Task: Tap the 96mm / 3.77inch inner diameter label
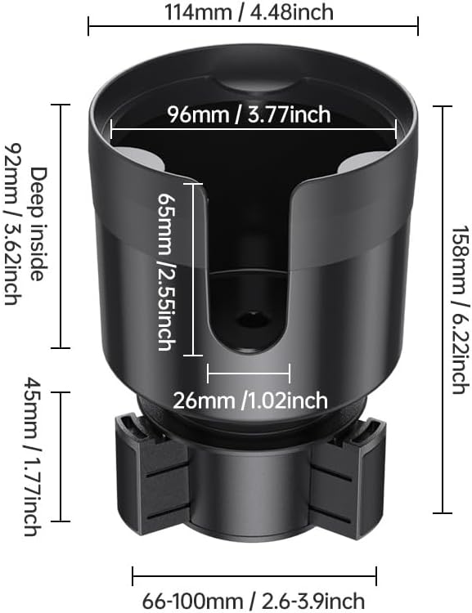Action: coord(249,114)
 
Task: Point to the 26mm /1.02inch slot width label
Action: coord(250,400)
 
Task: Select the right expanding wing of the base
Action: coord(348,474)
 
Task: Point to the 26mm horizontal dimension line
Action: coord(249,374)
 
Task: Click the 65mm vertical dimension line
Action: coord(193,270)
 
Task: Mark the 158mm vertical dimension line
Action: coord(443,309)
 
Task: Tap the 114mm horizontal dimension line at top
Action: coord(253,26)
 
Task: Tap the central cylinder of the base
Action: coord(249,499)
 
